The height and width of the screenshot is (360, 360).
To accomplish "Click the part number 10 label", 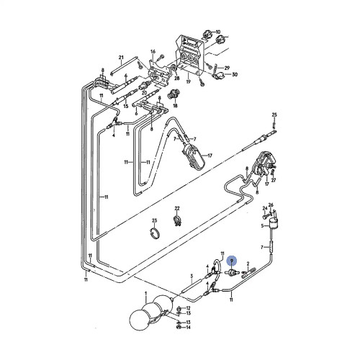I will pos(220,32).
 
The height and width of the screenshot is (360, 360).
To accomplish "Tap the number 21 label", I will pos(122,57).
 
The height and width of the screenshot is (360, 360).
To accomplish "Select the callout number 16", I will pos(153,53).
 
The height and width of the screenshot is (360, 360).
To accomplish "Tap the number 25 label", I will pos(274,115).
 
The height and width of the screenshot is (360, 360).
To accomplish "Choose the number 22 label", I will pos(177,207).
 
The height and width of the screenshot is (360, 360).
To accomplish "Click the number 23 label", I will pos(153,220).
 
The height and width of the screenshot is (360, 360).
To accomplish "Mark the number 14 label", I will pos(189,328).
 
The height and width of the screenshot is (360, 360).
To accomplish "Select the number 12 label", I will pos(189,308).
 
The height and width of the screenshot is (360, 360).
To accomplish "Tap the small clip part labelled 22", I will pos(178,219).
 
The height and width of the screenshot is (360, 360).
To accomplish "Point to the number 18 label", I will pos(175,105).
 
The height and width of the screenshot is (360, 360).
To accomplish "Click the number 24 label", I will pos(264,208).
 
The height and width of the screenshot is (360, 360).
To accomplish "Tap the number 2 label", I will pos(248,264).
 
